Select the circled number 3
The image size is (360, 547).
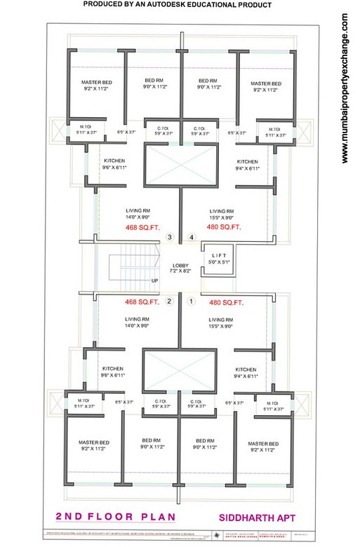click(170, 238)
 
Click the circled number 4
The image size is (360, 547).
click(192, 238)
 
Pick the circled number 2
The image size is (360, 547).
click(169, 302)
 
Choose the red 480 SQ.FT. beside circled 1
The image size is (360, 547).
click(226, 303)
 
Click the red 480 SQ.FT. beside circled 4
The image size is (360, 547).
click(225, 227)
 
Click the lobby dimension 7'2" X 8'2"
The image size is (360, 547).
click(180, 270)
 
